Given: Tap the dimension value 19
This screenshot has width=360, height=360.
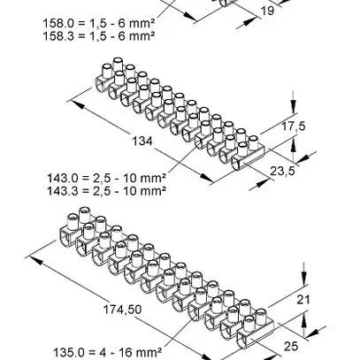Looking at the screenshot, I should pyautogui.click(x=268, y=12).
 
